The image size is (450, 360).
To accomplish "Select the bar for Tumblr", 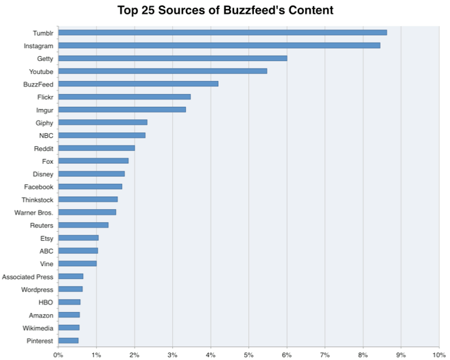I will [222, 32].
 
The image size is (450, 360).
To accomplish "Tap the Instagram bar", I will [219, 45].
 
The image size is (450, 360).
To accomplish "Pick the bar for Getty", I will [172, 58].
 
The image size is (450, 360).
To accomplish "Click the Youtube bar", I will [163, 71].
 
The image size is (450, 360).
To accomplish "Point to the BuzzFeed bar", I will [138, 84].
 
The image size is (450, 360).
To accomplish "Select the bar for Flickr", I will [124, 97].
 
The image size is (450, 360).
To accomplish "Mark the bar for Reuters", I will [83, 225].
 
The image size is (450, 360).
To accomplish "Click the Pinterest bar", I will [68, 340].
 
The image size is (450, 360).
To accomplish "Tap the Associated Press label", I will [27, 276].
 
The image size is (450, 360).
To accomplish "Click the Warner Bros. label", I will [34, 212].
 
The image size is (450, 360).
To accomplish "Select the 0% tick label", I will [58, 355].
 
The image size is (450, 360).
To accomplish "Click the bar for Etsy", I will [78, 238].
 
